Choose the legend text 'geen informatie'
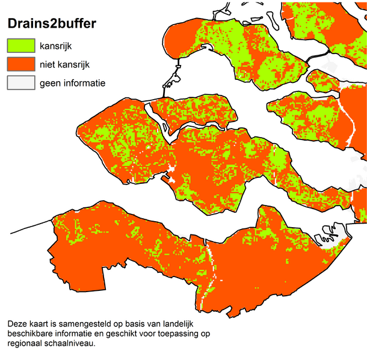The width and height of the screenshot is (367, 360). tap(72, 83)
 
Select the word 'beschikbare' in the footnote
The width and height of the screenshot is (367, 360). tap(30, 335)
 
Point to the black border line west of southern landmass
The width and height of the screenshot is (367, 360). tap(30, 225)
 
